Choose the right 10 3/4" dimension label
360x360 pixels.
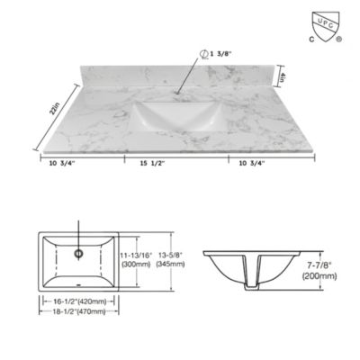259,163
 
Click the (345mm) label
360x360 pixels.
170,265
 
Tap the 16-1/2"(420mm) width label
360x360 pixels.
80,302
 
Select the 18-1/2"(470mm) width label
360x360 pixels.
80,311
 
